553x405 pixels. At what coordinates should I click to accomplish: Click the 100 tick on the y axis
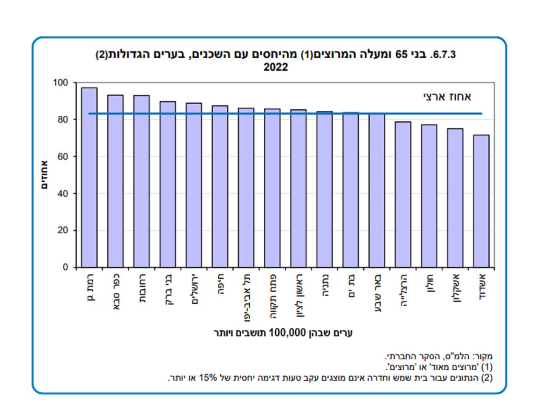[x=60, y=83]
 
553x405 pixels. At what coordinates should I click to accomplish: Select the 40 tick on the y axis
[x=63, y=194]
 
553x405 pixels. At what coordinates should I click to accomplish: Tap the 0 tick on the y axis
[x=65, y=268]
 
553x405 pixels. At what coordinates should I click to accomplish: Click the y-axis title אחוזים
[x=44, y=175]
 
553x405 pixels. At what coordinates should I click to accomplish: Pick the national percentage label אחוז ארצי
[x=447, y=97]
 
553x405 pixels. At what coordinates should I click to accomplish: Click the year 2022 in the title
[x=276, y=67]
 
